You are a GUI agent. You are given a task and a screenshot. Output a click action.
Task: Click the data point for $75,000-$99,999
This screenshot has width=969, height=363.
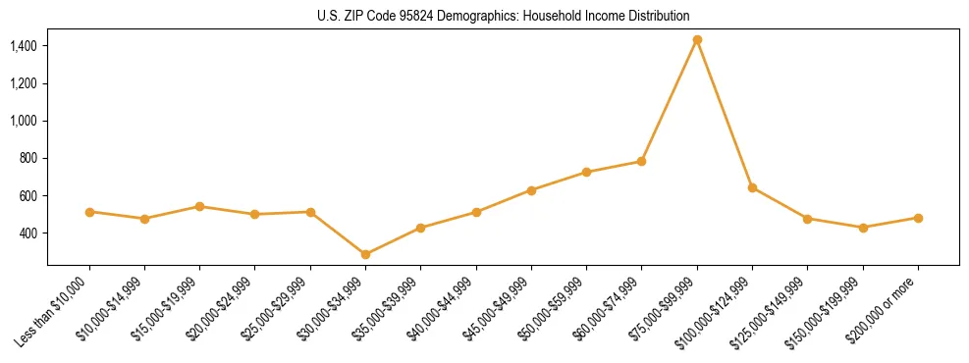tap(697, 40)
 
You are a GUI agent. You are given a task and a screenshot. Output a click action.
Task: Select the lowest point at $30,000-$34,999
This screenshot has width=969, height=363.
tap(365, 254)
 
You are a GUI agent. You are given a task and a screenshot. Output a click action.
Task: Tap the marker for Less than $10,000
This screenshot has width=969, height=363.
tap(89, 212)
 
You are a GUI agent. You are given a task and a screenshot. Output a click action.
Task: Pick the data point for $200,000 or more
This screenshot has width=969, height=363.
tap(918, 218)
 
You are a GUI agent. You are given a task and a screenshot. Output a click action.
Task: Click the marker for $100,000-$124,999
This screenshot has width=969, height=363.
tap(752, 187)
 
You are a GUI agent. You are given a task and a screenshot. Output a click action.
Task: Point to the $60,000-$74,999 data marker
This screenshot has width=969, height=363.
tap(641, 161)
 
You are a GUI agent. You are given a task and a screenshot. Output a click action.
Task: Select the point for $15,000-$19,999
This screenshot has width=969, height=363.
tap(199, 206)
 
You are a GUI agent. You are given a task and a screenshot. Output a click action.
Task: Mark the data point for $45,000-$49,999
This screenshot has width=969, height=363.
tap(531, 190)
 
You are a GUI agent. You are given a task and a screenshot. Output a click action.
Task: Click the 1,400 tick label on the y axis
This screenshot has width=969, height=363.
tap(24, 46)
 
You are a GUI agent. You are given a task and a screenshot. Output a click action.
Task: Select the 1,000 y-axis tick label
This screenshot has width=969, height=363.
tap(24, 121)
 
